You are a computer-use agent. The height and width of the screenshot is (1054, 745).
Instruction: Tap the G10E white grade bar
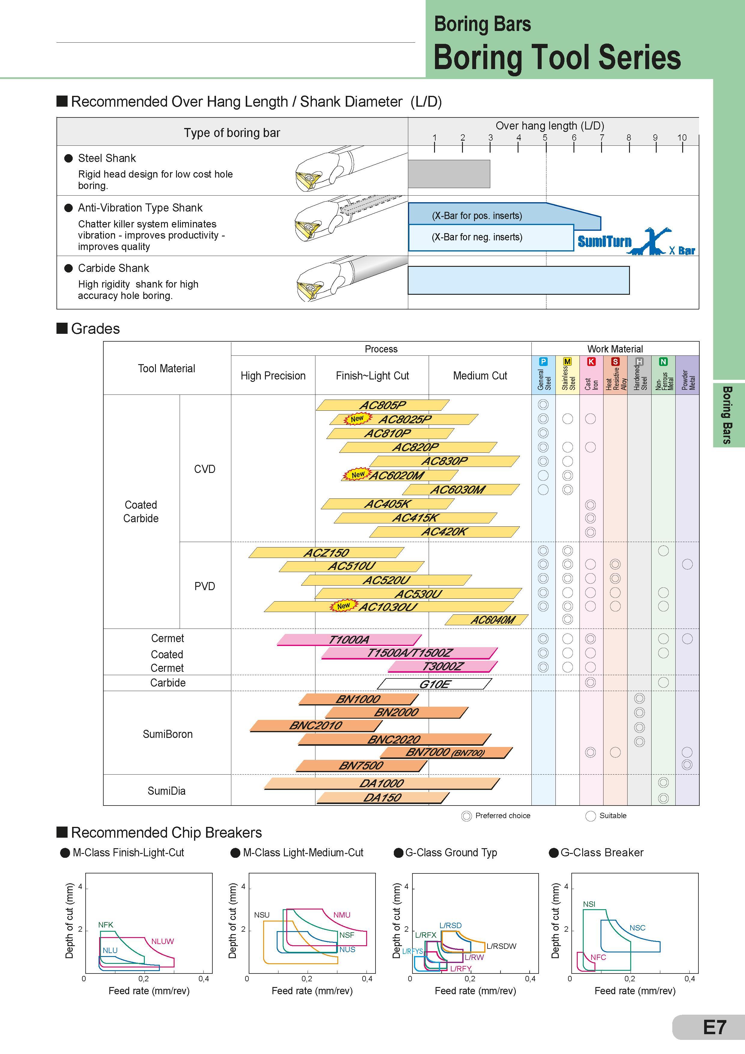[x=434, y=684]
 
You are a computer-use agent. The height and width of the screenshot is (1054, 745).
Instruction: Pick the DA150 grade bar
[x=383, y=798]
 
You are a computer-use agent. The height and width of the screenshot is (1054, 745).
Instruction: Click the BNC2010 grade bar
[x=316, y=725]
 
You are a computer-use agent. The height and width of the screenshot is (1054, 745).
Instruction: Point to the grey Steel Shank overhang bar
[x=449, y=174]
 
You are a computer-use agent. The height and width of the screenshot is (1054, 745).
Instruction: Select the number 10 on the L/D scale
[x=682, y=137]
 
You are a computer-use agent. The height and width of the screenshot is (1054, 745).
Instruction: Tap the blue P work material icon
[x=543, y=362]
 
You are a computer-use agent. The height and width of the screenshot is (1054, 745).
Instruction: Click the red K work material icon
[x=591, y=362]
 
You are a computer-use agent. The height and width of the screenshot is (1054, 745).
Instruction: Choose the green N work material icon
[x=663, y=362]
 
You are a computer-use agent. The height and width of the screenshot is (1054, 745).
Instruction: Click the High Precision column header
[x=273, y=376]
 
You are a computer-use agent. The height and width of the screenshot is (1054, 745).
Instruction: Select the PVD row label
[x=205, y=586]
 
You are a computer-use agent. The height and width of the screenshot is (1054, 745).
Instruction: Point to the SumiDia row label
[x=167, y=790]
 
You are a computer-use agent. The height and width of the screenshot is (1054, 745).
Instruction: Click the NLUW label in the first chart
[x=163, y=941]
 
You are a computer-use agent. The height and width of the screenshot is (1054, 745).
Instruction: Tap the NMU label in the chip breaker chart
[x=342, y=915]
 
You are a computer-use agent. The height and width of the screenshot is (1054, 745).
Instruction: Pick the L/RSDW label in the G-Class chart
[x=502, y=946]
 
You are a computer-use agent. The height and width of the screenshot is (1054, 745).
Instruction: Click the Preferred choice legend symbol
[x=466, y=816]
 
